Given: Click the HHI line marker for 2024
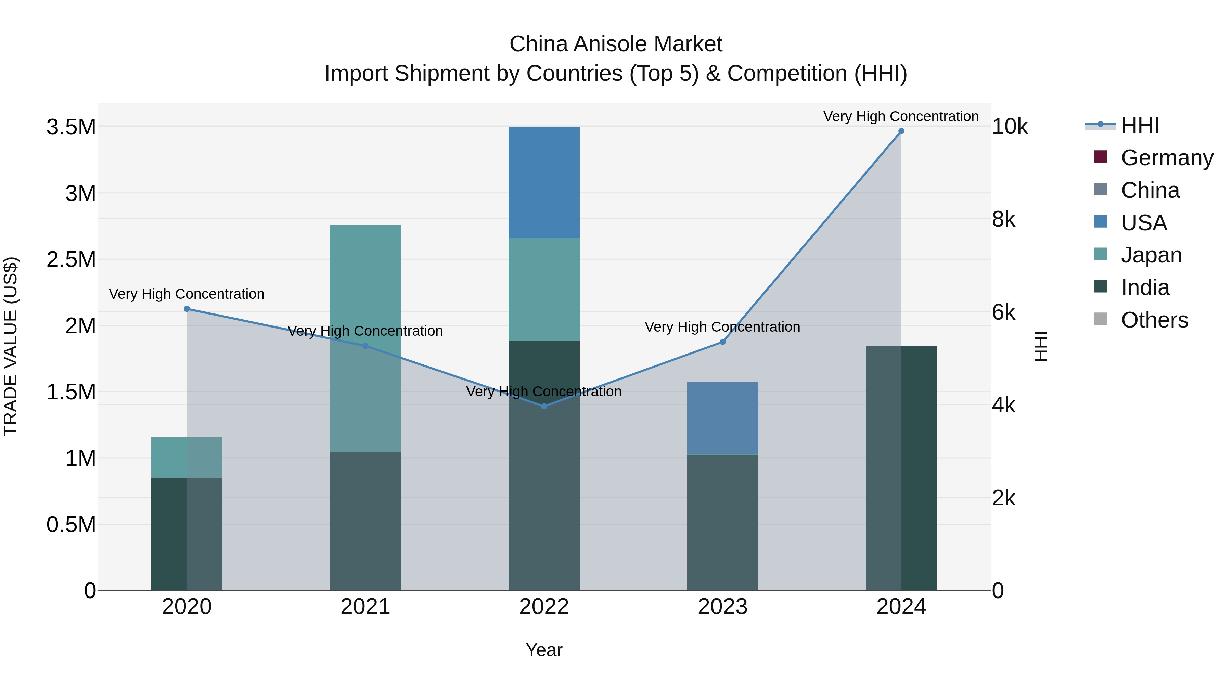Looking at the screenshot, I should tap(901, 131).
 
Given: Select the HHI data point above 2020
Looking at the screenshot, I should tap(187, 309).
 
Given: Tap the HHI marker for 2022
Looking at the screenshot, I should tap(544, 406).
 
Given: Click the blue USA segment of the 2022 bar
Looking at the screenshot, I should tap(544, 183).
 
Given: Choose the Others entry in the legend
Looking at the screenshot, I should tap(1154, 320).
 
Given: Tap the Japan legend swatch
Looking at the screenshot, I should tap(1101, 254).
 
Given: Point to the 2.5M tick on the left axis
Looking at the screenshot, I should tap(71, 260).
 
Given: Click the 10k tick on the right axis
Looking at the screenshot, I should tap(1010, 127).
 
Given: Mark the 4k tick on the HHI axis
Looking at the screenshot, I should tap(1003, 405).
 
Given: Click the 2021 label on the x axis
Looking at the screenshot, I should tap(365, 607).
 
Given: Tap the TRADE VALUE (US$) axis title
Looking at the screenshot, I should tap(11, 346).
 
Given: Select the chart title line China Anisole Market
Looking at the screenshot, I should tap(616, 44).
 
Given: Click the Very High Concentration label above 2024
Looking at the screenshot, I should tap(901, 116).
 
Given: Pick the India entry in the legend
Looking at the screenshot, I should tap(1145, 287).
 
